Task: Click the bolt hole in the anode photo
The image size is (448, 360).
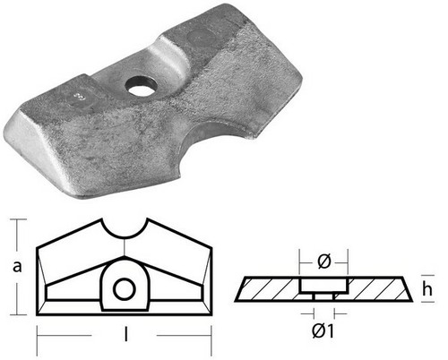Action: pos(141,87)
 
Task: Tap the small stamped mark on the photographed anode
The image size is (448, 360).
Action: pos(79,97)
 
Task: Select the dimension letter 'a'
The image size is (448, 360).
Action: pos(17,266)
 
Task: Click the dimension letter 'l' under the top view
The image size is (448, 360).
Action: pos(125,334)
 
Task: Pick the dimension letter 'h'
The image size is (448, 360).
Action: pos(427,288)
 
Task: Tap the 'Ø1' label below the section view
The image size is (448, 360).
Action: pos(323,331)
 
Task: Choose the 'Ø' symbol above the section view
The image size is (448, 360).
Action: pos(324,261)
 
